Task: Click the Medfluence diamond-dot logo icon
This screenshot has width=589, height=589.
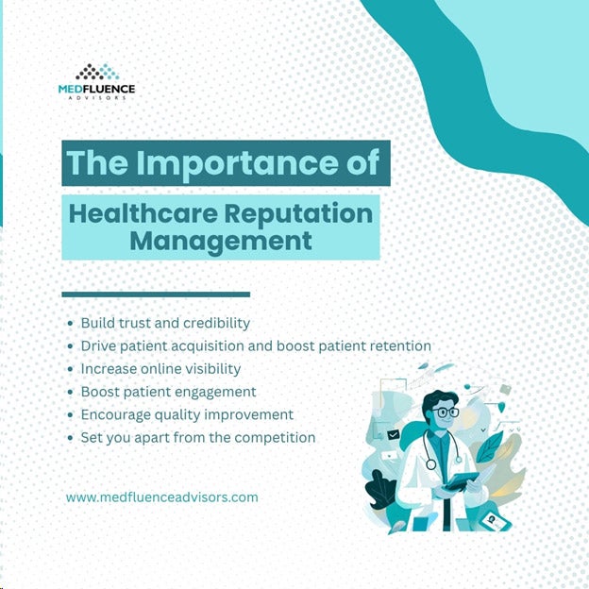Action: click(x=97, y=72)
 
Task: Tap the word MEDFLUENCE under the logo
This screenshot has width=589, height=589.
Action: click(x=96, y=89)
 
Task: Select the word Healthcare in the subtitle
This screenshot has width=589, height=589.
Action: click(x=143, y=213)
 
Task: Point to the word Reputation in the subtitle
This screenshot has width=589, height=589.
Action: click(x=298, y=214)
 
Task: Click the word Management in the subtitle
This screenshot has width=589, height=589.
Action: click(x=221, y=241)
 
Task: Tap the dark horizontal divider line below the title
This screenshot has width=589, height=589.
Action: click(x=156, y=294)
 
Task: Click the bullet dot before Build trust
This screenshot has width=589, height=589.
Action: click(x=70, y=324)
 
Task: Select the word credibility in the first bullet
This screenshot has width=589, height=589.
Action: click(x=217, y=323)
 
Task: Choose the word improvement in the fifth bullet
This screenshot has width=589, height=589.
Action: click(x=248, y=415)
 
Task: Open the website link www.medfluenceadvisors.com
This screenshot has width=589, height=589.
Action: click(x=162, y=497)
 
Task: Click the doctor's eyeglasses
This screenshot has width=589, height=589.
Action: click(x=445, y=412)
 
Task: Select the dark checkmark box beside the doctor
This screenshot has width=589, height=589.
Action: click(x=393, y=435)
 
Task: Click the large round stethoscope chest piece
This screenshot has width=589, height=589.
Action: click(x=430, y=464)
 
